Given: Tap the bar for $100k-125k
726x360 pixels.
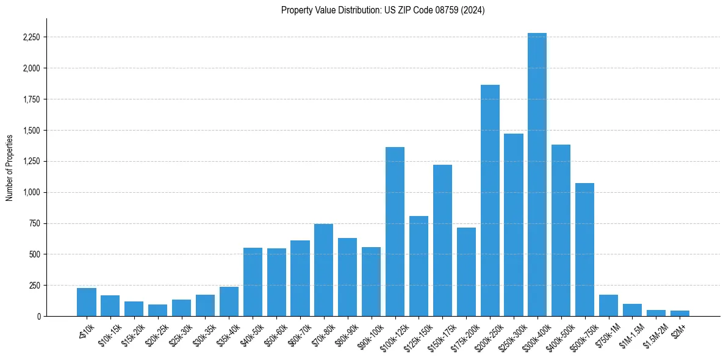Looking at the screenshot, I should coord(395,231).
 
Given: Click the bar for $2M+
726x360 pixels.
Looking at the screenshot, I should coord(680,313).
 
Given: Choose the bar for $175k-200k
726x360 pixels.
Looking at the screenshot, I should coord(466,272).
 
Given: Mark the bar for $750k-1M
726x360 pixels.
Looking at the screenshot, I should coord(608,305).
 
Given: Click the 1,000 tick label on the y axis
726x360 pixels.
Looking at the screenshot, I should coord(31,192).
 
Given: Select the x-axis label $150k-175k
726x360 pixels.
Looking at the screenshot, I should coord(439,334).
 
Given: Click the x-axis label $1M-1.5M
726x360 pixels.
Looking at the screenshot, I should coord(629,334).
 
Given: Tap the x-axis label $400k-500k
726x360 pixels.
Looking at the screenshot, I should coord(557,334).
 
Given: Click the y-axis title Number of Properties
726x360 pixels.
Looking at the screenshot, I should coord(10,167).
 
